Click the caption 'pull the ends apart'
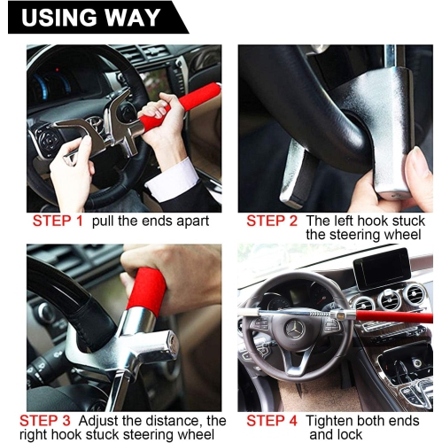click(150, 221)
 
